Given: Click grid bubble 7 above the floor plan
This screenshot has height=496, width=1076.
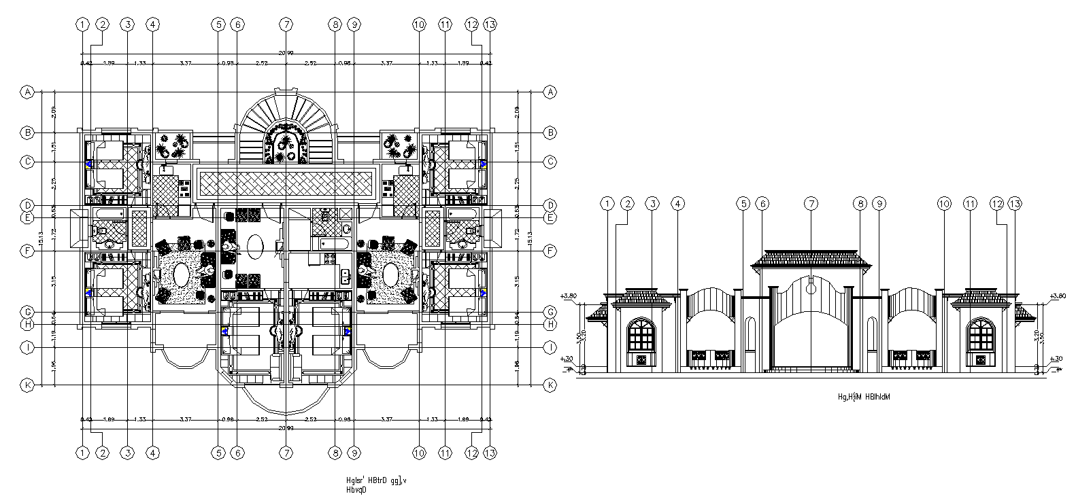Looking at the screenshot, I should click(x=286, y=24).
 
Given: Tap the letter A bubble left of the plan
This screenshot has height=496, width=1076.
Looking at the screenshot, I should click(x=27, y=92).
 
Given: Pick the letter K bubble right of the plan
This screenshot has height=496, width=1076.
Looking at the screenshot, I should click(x=550, y=385).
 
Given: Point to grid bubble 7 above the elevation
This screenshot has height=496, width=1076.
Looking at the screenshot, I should click(x=810, y=203).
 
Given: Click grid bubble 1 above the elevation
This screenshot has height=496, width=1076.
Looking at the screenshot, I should click(x=607, y=203).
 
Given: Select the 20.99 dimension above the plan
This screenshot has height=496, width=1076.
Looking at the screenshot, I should click(x=286, y=53).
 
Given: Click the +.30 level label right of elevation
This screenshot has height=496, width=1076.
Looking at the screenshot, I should click(x=1056, y=358).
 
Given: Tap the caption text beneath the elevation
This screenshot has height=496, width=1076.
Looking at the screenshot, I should click(x=864, y=396).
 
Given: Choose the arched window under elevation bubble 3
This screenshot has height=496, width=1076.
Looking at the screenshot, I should click(x=640, y=336).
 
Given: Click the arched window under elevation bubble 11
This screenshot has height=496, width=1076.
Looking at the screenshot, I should click(x=980, y=336).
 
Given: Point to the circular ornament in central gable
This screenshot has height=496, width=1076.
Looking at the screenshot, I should click(x=810, y=288).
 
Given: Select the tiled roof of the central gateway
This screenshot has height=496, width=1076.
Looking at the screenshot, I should click(x=810, y=258).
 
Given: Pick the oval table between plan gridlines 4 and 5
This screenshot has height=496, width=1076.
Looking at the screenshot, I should click(x=182, y=275).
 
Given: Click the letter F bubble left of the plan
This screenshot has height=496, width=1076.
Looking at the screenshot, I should click(x=27, y=251).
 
